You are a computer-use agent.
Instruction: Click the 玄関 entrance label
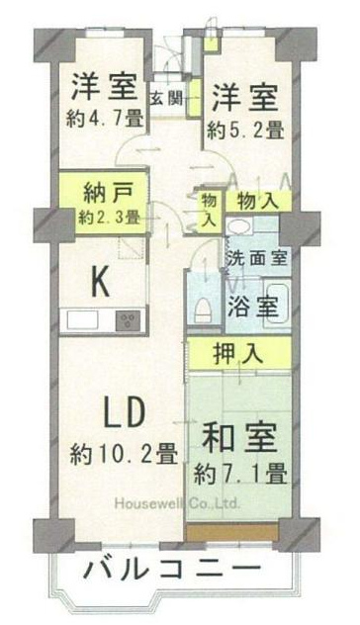[166, 98]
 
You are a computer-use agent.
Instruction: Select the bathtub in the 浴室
[276, 304]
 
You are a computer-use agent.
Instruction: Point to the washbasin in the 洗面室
[238, 227]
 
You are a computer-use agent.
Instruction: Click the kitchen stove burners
[128, 319]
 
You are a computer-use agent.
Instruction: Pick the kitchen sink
[82, 319]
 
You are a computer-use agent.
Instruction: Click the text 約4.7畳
[105, 119]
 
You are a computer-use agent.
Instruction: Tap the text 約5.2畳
[245, 130]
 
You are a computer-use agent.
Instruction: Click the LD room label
[123, 413]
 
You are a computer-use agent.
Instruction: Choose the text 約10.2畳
[124, 454]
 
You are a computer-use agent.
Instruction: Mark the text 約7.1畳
[240, 475]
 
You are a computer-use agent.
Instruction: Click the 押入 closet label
[238, 354]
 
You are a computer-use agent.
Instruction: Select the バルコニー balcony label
[172, 568]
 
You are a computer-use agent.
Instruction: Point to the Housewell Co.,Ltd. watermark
[177, 503]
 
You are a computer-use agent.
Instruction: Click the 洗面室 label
[257, 259]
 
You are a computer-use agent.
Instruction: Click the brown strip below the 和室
[232, 532]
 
